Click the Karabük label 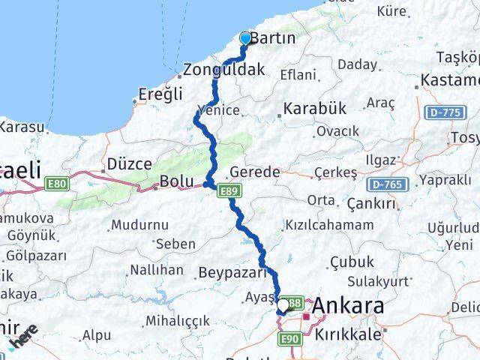coord(314,109)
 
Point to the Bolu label coord(177,181)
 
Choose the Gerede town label coord(255,171)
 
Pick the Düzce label coord(130,163)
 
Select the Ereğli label coord(160,94)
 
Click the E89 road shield coord(229,193)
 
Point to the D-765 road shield coord(386,184)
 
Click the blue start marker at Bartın coord(244,39)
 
